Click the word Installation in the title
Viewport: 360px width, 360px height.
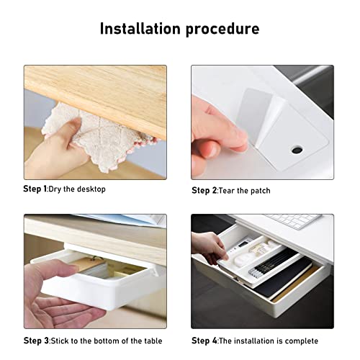point(140,29)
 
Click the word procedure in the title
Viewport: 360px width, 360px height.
point(222,30)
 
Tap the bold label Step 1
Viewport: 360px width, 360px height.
point(35,189)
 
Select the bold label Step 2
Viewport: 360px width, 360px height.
point(204,191)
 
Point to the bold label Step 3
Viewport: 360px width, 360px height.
point(36,341)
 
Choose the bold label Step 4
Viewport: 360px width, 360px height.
point(204,341)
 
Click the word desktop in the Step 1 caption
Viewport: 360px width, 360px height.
point(91,189)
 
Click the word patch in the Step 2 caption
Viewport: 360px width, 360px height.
point(261,191)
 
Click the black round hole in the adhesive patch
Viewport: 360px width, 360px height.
point(297,150)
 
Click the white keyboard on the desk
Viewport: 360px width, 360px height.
point(293,220)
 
